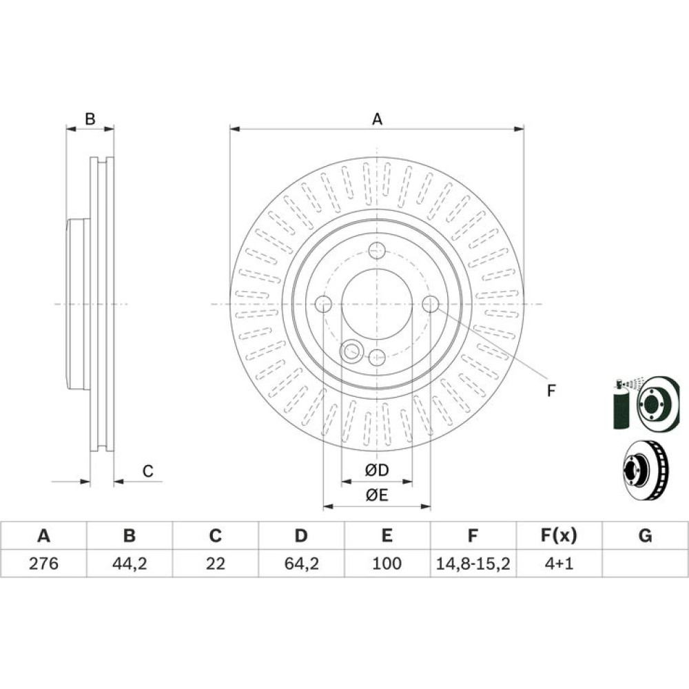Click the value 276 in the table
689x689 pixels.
click(43, 564)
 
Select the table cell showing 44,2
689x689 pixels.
click(130, 564)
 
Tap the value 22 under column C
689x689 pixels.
click(215, 564)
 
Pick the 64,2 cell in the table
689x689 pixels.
click(302, 564)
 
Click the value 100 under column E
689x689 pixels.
click(387, 564)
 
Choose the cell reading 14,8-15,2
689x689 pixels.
click(473, 564)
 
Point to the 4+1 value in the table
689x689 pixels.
click(559, 564)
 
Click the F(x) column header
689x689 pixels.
click(559, 535)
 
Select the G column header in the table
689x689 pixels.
click(645, 535)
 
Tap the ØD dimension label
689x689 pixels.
click(377, 470)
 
